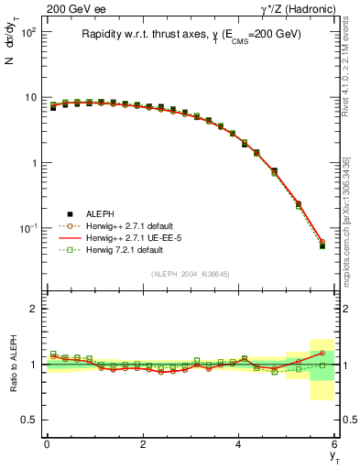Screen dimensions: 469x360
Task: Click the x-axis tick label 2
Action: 143,444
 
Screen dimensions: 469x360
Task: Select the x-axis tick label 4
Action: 239,444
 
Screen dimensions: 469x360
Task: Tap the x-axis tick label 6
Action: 335,444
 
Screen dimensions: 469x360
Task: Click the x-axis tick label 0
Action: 47,444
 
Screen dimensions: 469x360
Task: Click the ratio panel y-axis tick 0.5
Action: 32,420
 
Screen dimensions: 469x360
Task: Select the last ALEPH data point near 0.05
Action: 322,245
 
